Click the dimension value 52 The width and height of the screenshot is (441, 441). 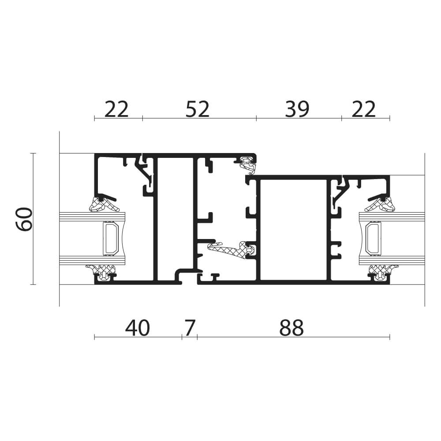[197, 109]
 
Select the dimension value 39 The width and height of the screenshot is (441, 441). [297, 109]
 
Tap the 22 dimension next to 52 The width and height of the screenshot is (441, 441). [116, 109]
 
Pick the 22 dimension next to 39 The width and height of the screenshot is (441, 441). [363, 109]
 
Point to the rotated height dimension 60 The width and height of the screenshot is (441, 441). [24, 219]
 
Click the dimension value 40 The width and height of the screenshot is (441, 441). [137, 328]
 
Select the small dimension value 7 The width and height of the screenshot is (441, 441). [190, 328]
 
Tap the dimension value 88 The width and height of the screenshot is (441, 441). [292, 328]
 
